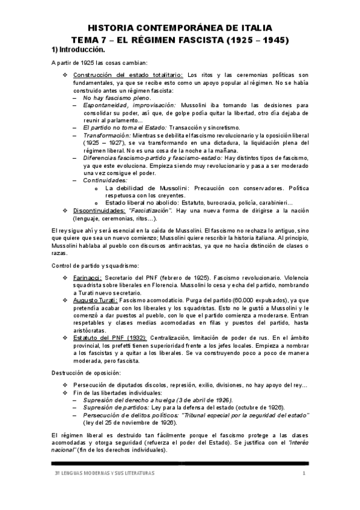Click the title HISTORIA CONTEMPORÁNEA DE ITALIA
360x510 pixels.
(x=180, y=28)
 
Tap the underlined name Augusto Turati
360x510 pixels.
(x=94, y=301)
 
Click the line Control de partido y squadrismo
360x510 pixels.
(x=95, y=265)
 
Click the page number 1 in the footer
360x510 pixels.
(x=304, y=474)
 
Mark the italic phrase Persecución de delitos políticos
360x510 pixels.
(x=130, y=415)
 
